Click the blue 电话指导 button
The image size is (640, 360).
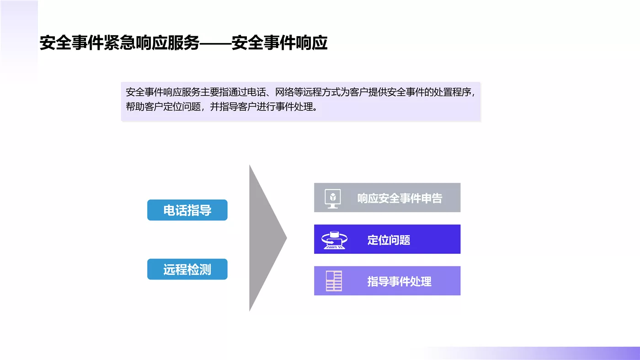[x=187, y=210]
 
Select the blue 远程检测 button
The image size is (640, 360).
[x=187, y=269]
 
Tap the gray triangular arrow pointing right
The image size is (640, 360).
[x=268, y=238]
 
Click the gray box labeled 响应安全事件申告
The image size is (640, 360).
[x=387, y=198]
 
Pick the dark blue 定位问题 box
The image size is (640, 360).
[x=387, y=239]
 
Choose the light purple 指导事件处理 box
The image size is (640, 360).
[x=387, y=280]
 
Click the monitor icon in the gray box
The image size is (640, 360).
[x=333, y=199]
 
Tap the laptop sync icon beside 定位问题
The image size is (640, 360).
[x=334, y=240]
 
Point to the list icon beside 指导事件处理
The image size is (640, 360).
[x=334, y=281]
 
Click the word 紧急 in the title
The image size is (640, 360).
[x=119, y=43]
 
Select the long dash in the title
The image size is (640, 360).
[x=215, y=43]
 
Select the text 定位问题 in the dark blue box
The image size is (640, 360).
[x=389, y=240]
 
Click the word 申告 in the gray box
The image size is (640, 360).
[x=432, y=198]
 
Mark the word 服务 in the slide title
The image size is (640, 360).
[x=183, y=43]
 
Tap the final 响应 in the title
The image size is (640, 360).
[x=311, y=43]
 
